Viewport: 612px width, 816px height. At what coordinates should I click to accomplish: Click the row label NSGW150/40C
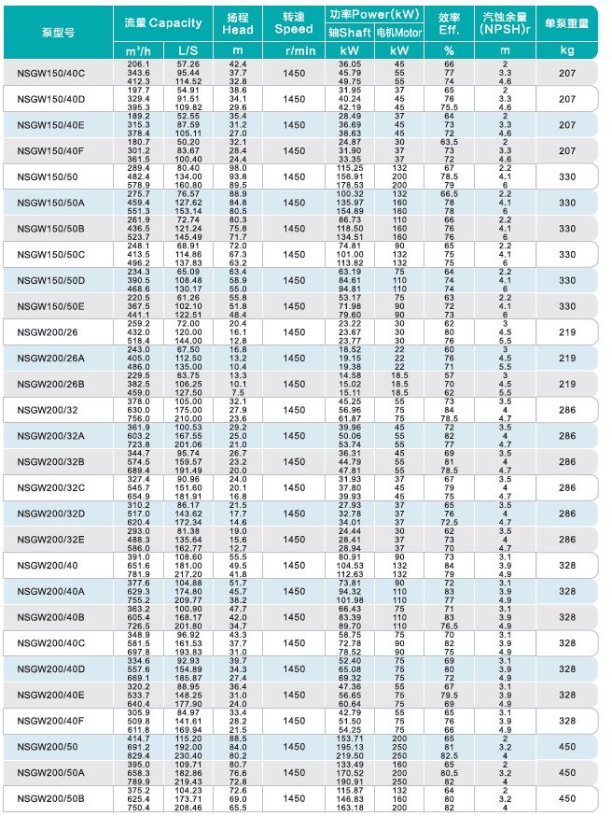point(50,73)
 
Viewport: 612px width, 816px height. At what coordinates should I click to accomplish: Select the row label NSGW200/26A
point(50,359)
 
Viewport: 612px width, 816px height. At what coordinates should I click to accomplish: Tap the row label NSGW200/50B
point(50,799)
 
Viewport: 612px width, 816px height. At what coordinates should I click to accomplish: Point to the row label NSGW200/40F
point(50,721)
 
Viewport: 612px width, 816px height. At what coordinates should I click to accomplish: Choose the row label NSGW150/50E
point(50,306)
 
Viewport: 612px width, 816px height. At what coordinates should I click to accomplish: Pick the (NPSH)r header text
point(505,31)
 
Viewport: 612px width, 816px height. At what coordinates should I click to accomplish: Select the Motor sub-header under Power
point(398,32)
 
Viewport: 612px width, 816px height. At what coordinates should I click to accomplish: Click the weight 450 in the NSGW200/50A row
point(567,773)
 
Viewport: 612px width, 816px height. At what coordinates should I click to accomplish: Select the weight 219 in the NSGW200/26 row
point(567,332)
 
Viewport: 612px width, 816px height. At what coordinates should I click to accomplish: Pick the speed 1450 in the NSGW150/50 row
point(294,176)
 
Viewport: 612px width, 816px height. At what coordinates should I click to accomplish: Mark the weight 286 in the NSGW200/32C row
point(567,487)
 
